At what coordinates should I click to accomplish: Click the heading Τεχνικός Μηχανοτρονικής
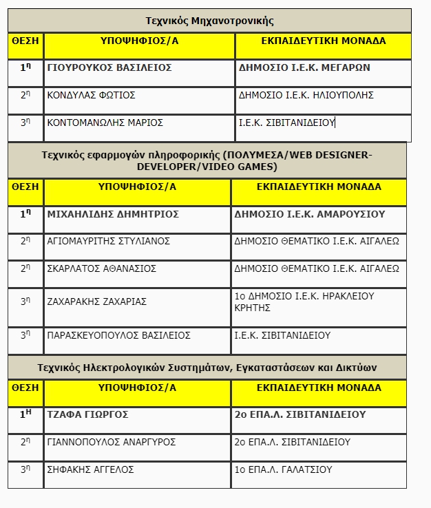[x=209, y=21]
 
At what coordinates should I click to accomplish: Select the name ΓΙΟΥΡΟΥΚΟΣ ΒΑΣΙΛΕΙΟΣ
[x=109, y=68]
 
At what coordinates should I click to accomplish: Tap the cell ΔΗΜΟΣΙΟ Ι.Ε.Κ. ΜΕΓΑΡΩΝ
[x=304, y=68]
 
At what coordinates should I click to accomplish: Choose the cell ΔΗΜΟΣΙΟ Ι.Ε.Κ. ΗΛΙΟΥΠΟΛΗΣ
[x=306, y=95]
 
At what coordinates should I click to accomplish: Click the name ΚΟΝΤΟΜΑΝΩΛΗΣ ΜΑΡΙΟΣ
[x=105, y=123]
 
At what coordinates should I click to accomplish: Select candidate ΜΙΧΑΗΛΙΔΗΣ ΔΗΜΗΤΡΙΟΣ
[x=113, y=214]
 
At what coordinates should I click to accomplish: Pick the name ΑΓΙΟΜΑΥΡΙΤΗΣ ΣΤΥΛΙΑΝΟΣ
[x=108, y=241]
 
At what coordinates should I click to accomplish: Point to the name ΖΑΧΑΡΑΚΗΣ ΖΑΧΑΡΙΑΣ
[x=96, y=301]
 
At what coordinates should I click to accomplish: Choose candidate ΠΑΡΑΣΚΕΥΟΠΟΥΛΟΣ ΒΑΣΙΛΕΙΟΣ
[x=118, y=335]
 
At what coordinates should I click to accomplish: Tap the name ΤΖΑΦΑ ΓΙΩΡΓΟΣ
[x=87, y=415]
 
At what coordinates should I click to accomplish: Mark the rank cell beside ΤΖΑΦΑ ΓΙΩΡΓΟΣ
[x=25, y=415]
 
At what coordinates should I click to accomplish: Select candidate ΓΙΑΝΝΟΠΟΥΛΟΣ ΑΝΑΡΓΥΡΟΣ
[x=111, y=442]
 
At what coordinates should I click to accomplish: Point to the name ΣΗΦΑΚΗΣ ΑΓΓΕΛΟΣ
[x=90, y=469]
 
